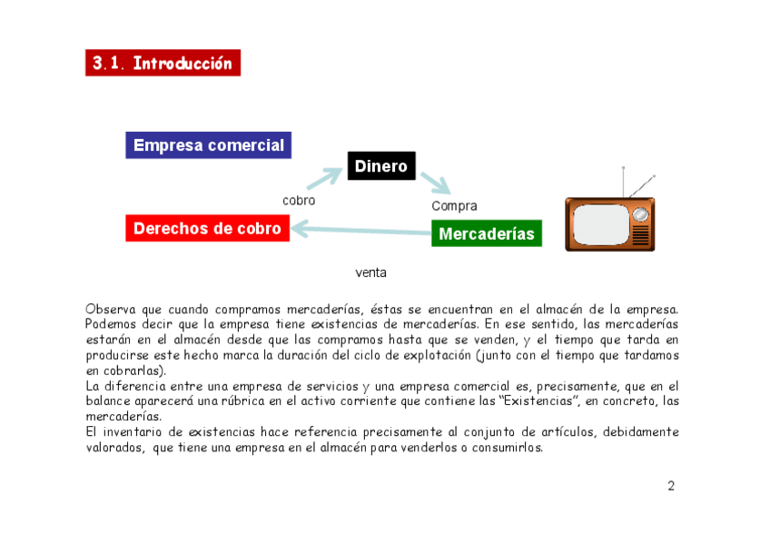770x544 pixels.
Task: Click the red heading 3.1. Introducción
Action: pos(163,63)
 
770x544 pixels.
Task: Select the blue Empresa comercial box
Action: pos(208,145)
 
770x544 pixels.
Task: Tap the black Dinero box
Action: pos(380,166)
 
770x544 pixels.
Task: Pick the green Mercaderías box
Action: pos(486,233)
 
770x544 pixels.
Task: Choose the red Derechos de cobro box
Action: pos(207,228)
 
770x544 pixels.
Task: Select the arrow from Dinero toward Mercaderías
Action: pos(435,184)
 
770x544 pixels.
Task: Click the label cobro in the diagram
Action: pos(299,200)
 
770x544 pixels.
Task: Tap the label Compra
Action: pos(454,206)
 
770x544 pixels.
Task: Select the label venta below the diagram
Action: pos(370,272)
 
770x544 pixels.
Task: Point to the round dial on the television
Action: pos(641,214)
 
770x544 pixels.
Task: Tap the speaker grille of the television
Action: pos(641,236)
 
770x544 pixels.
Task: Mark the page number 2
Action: pos(671,486)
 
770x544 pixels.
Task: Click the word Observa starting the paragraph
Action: pos(108,310)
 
